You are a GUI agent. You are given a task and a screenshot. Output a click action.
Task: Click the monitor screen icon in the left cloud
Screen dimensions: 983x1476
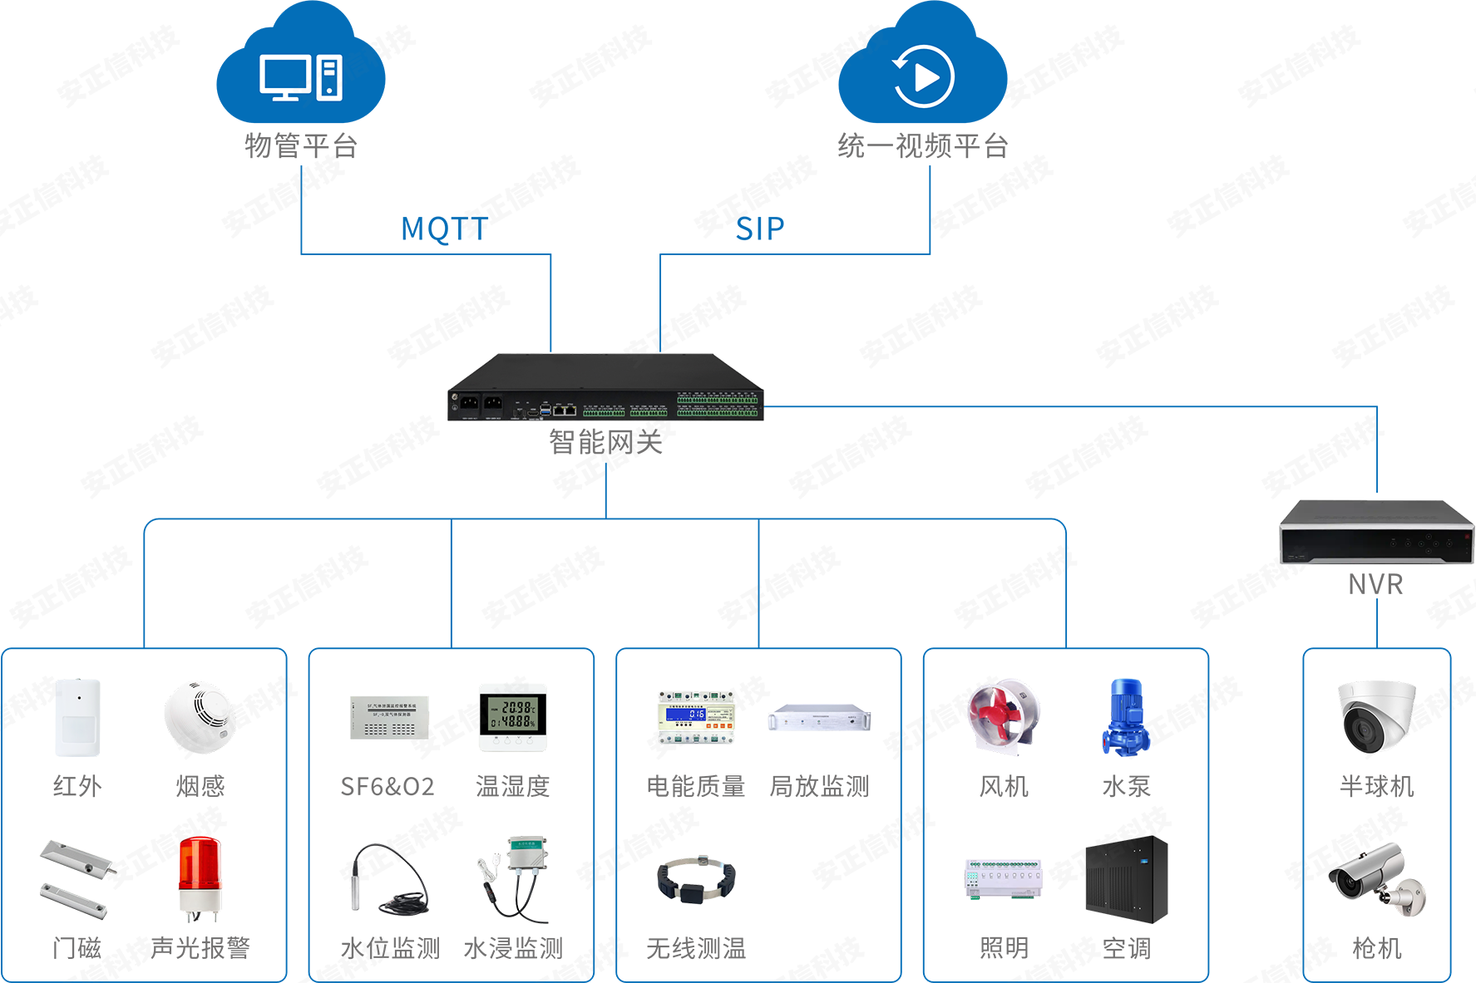pyautogui.click(x=284, y=76)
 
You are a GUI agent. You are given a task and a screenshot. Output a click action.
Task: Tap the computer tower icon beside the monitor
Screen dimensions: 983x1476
pyautogui.click(x=329, y=78)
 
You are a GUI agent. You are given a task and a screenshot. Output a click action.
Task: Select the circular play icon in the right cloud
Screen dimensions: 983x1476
pyautogui.click(x=923, y=77)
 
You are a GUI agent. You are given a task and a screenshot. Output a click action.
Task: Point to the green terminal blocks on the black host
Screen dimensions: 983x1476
pyautogui.click(x=717, y=405)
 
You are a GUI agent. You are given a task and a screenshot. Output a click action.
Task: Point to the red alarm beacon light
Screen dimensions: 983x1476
pyautogui.click(x=199, y=872)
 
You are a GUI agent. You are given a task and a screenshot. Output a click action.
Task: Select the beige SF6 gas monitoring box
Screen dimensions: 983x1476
pyautogui.click(x=383, y=710)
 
